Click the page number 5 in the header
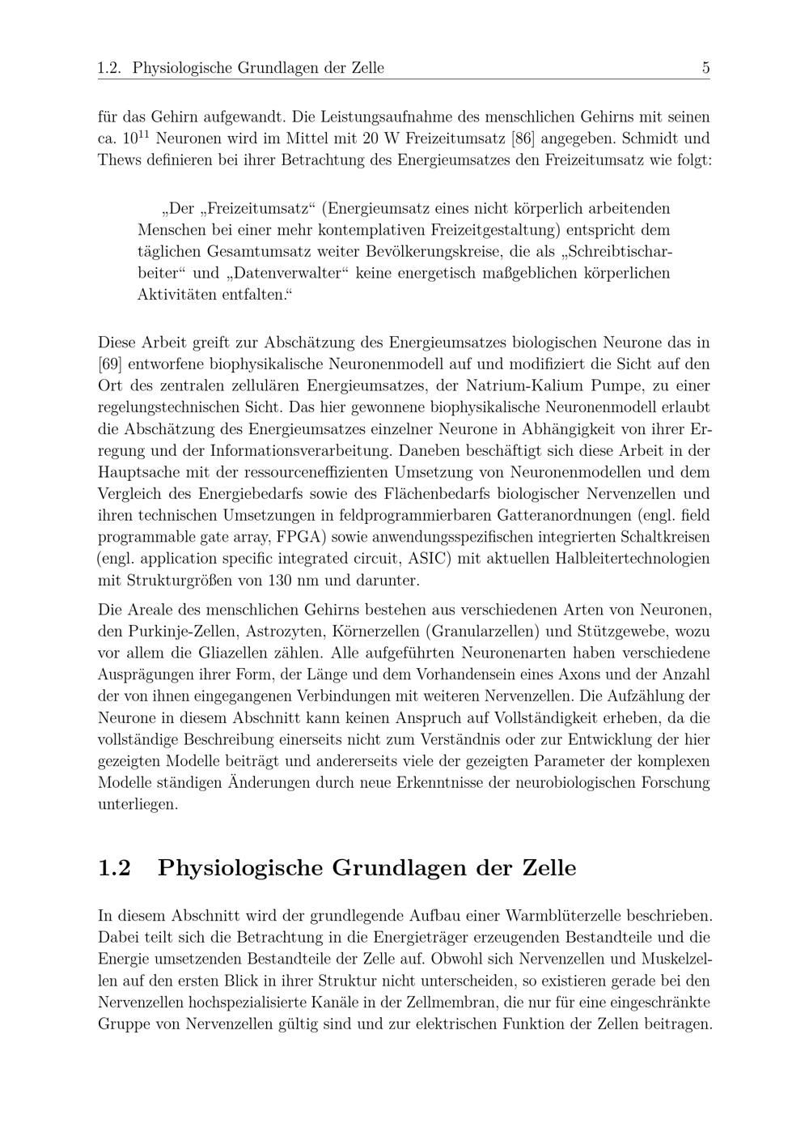(705, 68)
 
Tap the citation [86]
(523, 138)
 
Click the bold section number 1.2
(114, 868)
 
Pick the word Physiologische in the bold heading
(239, 868)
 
